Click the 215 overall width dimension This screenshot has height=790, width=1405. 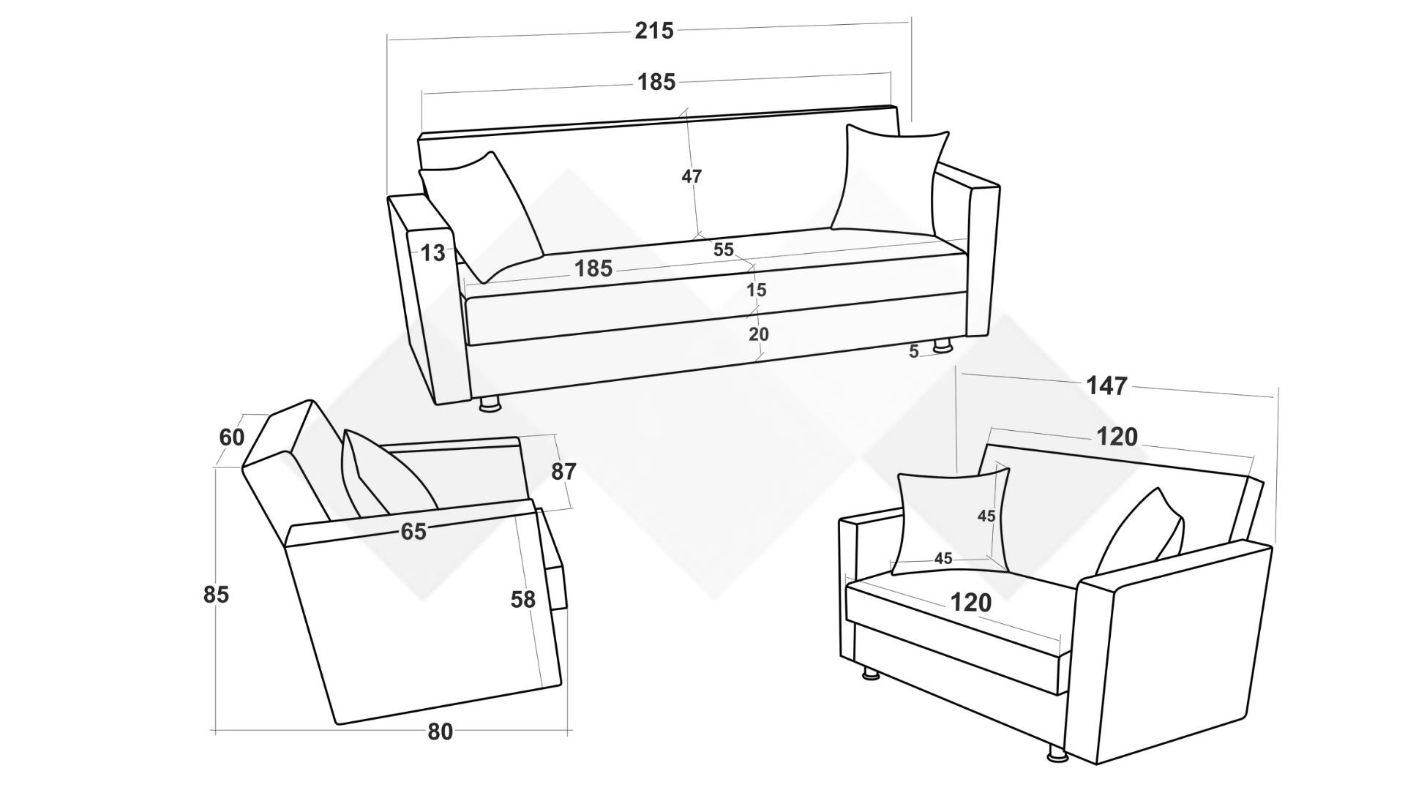653,31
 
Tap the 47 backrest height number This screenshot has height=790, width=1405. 692,176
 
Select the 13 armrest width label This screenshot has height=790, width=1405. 432,253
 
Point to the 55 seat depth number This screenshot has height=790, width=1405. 723,249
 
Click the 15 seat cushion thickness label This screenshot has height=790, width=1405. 756,290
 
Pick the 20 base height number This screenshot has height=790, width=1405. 758,334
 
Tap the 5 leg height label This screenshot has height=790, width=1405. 913,352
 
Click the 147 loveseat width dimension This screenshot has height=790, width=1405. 1106,385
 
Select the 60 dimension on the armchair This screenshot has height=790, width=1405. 232,437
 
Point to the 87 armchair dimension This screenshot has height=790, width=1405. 563,472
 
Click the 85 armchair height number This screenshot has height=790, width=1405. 216,595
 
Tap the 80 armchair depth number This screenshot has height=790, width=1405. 440,731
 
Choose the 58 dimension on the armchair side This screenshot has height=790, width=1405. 522,600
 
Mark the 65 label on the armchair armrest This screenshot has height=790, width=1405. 413,532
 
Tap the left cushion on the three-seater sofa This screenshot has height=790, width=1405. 481,217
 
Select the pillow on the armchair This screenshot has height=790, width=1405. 389,473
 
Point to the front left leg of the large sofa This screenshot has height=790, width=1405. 490,404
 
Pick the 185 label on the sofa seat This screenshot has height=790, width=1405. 593,268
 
